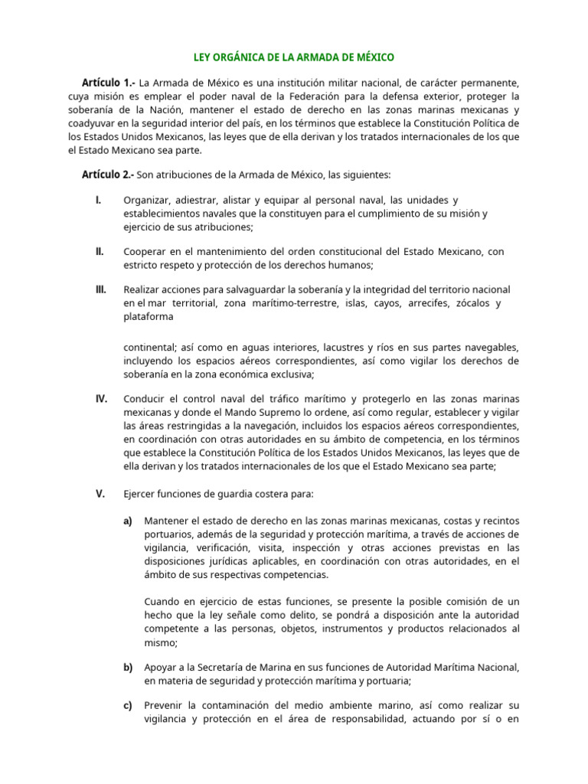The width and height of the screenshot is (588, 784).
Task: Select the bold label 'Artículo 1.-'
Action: (x=108, y=82)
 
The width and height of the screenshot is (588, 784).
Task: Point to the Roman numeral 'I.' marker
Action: (x=99, y=201)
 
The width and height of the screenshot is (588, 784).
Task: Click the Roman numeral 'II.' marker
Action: (x=100, y=251)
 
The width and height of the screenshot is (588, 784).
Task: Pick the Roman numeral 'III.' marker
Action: (x=101, y=289)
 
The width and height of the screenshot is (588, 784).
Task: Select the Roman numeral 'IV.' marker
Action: (x=101, y=399)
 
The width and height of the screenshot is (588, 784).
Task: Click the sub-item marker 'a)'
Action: (x=128, y=520)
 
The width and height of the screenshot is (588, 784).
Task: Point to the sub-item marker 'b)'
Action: (x=128, y=668)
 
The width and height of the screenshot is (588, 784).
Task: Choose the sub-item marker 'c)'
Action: (x=128, y=705)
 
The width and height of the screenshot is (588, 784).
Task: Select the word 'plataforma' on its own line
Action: (x=148, y=317)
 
